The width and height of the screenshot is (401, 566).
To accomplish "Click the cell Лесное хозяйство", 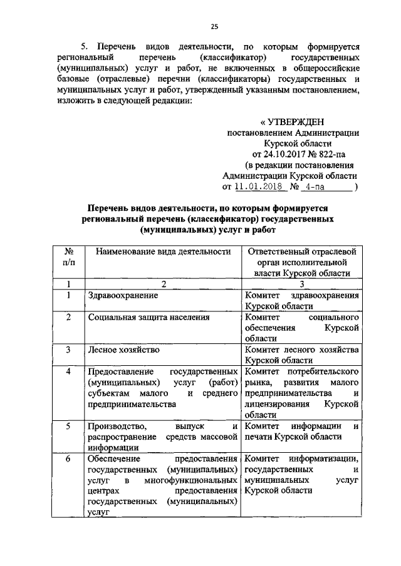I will tap(124, 350).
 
